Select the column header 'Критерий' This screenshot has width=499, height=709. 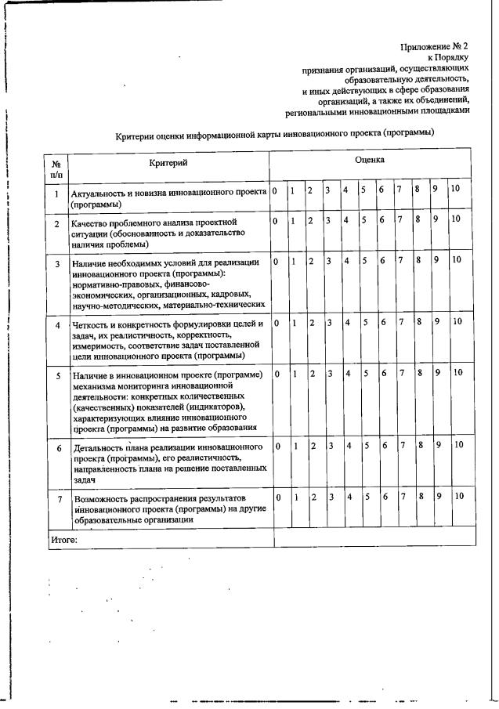168,162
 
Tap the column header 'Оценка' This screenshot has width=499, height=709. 369,159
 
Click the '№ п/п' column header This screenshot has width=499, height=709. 56,167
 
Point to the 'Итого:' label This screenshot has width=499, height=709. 63,539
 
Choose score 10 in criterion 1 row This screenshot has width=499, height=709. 455,190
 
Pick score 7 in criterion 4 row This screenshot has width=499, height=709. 400,321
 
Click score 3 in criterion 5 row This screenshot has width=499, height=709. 330,374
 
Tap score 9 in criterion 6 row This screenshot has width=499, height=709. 439,445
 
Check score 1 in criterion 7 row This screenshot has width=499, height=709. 297,497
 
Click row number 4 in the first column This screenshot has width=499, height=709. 57,324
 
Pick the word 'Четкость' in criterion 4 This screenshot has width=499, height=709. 90,323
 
